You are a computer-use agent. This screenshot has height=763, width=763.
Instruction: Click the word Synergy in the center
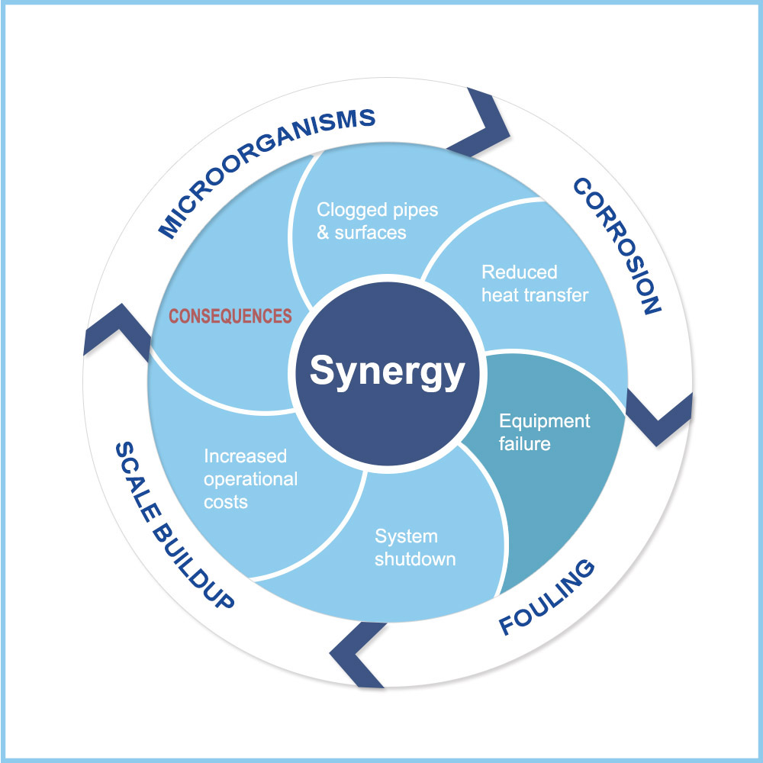point(387,372)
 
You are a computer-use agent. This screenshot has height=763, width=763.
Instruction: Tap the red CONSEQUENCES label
point(230,316)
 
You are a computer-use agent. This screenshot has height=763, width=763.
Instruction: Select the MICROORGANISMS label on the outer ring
point(266,172)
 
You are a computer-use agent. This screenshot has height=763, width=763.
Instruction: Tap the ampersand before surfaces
point(324,233)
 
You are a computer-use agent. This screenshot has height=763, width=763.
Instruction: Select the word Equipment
point(544,421)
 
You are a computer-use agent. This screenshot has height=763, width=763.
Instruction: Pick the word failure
point(524,443)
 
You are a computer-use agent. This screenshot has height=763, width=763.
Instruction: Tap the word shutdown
point(415,559)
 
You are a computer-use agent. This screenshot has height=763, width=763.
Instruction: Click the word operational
point(250,479)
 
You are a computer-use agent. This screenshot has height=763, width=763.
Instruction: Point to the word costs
point(225,502)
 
